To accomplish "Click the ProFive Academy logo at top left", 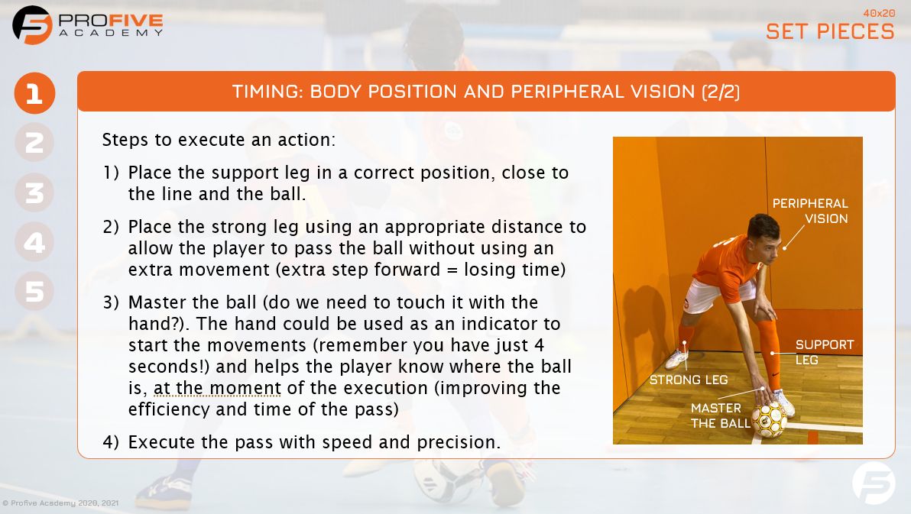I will [x=88, y=24].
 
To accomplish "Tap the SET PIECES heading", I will [x=830, y=31].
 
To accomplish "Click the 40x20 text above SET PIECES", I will [x=878, y=13].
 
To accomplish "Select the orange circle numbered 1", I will [x=34, y=94].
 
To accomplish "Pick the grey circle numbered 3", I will [x=34, y=192].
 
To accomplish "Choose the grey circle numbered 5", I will [x=34, y=291].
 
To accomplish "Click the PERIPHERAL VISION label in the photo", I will [x=810, y=211].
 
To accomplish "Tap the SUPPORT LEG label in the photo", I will [x=824, y=352].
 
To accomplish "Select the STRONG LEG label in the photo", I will [x=688, y=380].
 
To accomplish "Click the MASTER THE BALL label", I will [x=715, y=415].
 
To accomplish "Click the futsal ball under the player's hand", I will [x=769, y=419].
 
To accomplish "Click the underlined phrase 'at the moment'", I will [x=217, y=388].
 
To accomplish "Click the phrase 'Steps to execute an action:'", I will [x=219, y=141].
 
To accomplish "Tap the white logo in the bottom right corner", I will [x=874, y=483].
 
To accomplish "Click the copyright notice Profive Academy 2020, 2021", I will [x=60, y=503].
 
